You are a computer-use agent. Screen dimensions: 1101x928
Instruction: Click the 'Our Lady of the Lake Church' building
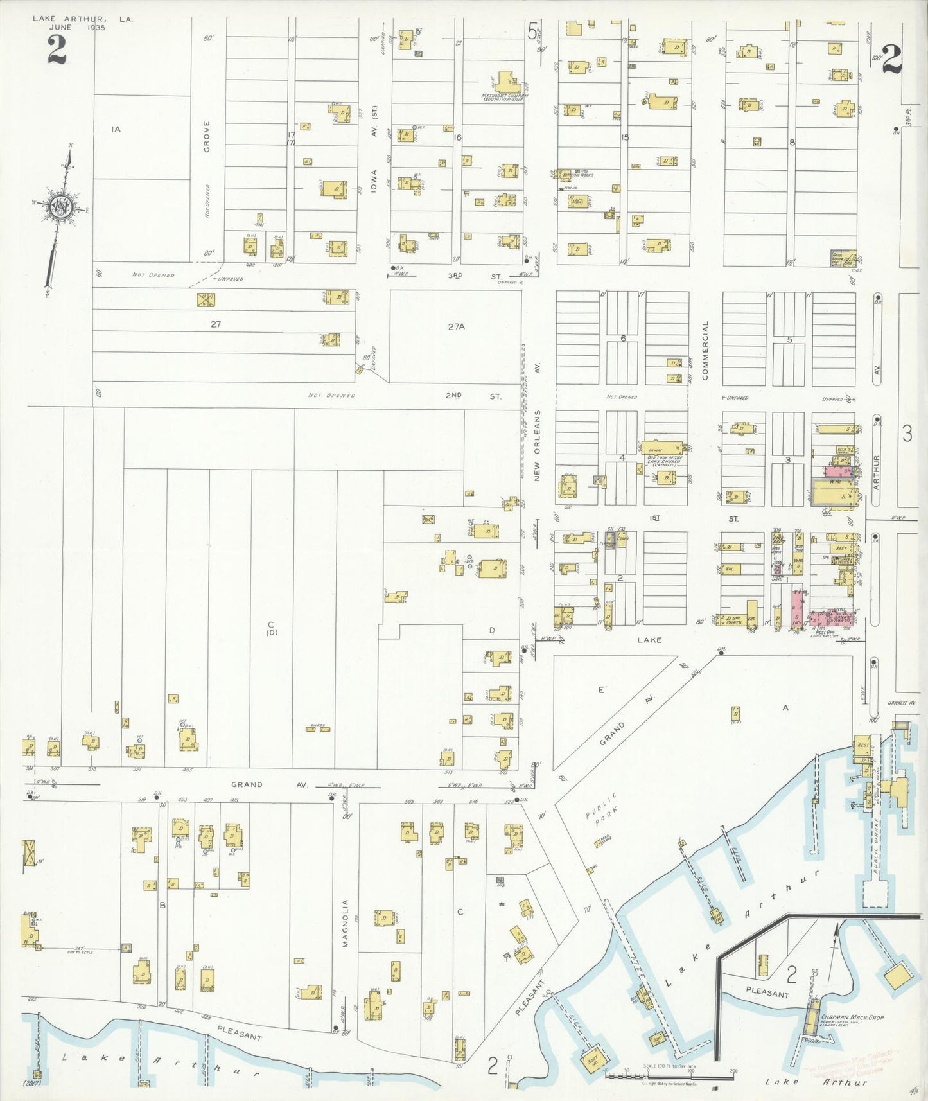click(x=663, y=448)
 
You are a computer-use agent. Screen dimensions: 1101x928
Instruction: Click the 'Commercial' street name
click(x=705, y=351)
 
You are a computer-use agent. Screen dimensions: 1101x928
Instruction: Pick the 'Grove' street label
click(x=207, y=136)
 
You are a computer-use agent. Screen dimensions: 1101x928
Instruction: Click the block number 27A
click(x=456, y=326)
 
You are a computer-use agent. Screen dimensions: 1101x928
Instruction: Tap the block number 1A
click(x=116, y=129)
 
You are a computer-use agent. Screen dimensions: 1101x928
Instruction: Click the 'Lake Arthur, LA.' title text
click(x=83, y=19)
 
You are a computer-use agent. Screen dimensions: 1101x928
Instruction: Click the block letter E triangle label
click(x=601, y=690)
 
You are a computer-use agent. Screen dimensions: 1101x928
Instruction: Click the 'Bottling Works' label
click(x=576, y=175)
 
